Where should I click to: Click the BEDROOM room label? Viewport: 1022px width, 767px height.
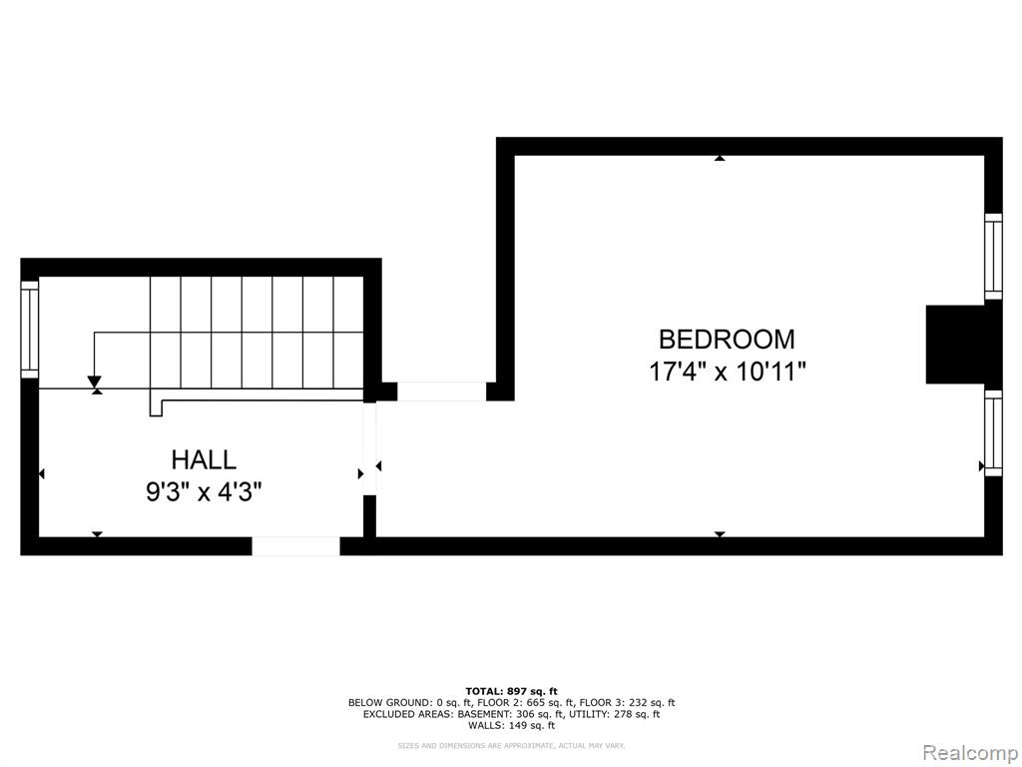point(727,340)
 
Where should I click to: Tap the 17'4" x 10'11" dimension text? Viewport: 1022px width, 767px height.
point(728,373)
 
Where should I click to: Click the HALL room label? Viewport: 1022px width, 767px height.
point(204,459)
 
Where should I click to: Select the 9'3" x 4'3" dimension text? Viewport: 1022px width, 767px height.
point(204,491)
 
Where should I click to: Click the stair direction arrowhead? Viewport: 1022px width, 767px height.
point(95,382)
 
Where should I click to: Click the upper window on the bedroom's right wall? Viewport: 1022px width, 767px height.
point(993,257)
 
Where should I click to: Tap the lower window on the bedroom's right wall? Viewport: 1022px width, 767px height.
point(993,433)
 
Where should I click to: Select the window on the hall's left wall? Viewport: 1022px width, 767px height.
point(30,330)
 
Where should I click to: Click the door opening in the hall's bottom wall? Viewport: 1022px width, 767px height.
point(295,546)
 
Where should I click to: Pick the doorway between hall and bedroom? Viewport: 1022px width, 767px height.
point(369,448)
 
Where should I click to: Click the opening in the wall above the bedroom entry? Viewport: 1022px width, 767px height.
point(441,391)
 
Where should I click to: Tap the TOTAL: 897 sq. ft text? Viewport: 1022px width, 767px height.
point(512,691)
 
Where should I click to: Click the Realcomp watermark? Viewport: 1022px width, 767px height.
point(970,753)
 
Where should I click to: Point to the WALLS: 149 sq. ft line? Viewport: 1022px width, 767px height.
point(512,725)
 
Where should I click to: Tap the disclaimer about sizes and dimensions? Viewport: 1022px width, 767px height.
point(512,745)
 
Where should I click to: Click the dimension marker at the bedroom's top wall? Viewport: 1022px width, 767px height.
point(720,158)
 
